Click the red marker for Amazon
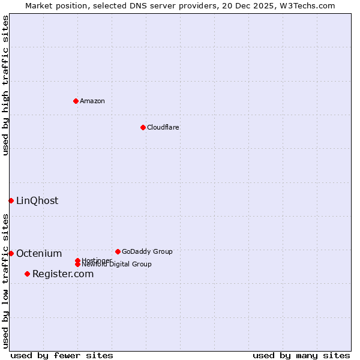(x=76, y=101)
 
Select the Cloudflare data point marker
(x=143, y=127)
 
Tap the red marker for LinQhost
(x=11, y=200)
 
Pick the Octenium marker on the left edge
(x=11, y=253)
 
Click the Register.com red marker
(x=27, y=274)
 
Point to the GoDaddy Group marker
(x=118, y=251)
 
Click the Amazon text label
(x=92, y=101)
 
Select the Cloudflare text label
(x=163, y=127)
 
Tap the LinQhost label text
(x=37, y=200)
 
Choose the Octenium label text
(x=39, y=253)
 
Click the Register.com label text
(x=63, y=274)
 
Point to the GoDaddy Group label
(x=147, y=251)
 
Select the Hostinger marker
(x=77, y=260)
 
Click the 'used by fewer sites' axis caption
(x=62, y=355)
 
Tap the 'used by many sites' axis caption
(x=301, y=355)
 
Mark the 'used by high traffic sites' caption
(x=5, y=85)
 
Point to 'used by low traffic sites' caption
(x=5, y=281)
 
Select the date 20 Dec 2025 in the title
(x=252, y=5)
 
